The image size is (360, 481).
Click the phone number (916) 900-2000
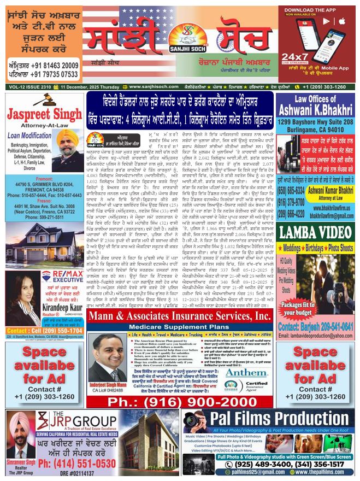tap(180, 401)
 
